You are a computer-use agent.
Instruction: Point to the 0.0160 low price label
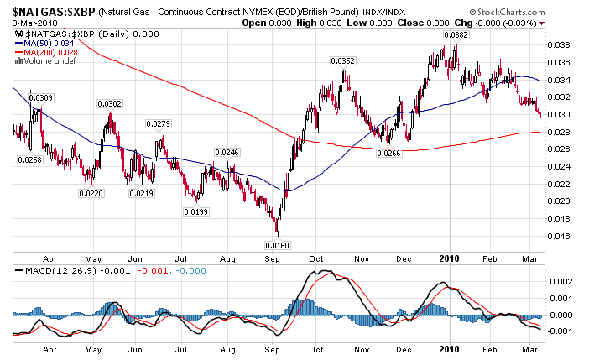(x=277, y=245)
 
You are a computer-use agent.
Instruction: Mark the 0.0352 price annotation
(x=342, y=61)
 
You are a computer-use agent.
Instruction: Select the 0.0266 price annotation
(x=388, y=154)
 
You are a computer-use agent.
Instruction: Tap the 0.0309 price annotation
(x=42, y=98)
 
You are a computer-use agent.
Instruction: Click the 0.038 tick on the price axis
(x=558, y=45)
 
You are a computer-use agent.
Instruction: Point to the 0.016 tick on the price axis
(x=558, y=236)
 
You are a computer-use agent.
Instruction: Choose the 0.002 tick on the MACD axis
(x=558, y=283)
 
